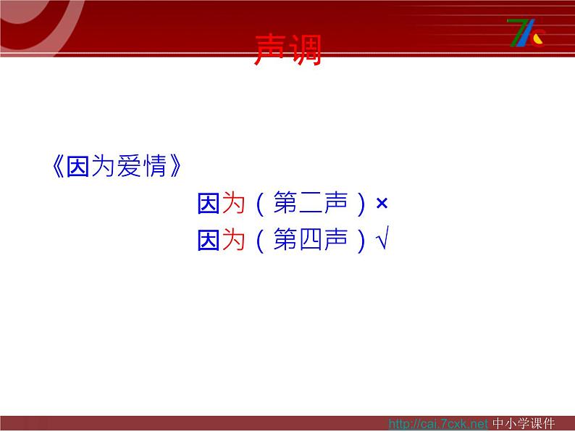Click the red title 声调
[x=288, y=49]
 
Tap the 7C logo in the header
[x=526, y=33]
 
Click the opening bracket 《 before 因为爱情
[x=59, y=166]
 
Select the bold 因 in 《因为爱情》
[x=77, y=166]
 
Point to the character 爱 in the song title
[x=129, y=166]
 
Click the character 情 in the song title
[x=155, y=166]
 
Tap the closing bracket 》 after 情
[x=176, y=166]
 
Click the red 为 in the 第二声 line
[x=233, y=203]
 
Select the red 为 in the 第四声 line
[x=233, y=239]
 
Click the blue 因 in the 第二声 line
[x=209, y=203]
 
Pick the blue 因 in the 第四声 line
[x=209, y=240]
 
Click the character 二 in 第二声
[x=310, y=204]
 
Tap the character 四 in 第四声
[x=311, y=240]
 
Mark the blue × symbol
[x=382, y=204]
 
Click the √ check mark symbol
[x=382, y=238]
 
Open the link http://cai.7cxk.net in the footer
[x=438, y=424]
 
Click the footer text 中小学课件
[x=524, y=423]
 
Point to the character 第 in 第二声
[x=285, y=203]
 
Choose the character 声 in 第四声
[x=336, y=239]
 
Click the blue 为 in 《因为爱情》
[x=103, y=166]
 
